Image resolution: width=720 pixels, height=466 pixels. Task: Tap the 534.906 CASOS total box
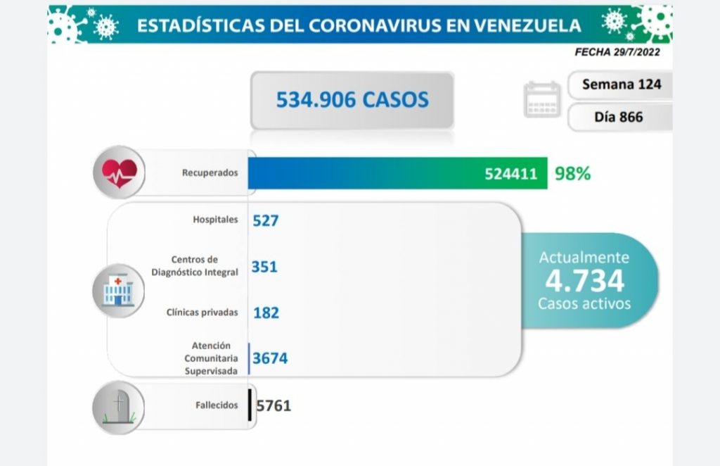pyautogui.click(x=352, y=100)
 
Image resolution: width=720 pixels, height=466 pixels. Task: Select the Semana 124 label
pyautogui.click(x=622, y=84)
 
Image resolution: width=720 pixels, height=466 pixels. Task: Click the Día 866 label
pyautogui.click(x=618, y=117)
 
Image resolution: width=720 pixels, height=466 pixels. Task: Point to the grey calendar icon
pyautogui.click(x=542, y=99)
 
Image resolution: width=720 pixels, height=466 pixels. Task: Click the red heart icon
pyautogui.click(x=119, y=172)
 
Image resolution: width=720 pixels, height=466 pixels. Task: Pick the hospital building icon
pyautogui.click(x=118, y=290)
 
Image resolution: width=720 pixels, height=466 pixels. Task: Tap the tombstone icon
pyautogui.click(x=118, y=406)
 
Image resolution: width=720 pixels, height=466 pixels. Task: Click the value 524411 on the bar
pyautogui.click(x=515, y=173)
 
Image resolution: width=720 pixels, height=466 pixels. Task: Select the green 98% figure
pyautogui.click(x=572, y=173)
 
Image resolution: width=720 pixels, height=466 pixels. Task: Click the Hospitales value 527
pyautogui.click(x=266, y=220)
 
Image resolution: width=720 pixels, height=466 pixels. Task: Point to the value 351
pyautogui.click(x=264, y=266)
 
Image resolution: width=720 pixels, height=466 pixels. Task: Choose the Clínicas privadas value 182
pyautogui.click(x=266, y=312)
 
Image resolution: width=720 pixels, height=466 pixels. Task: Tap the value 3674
pyautogui.click(x=270, y=358)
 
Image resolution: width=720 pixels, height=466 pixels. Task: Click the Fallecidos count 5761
pyautogui.click(x=274, y=405)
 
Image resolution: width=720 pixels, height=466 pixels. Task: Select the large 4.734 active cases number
pyautogui.click(x=584, y=281)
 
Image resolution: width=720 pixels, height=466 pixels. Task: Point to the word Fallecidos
pyautogui.click(x=217, y=405)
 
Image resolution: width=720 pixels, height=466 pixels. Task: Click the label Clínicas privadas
pyautogui.click(x=202, y=312)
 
